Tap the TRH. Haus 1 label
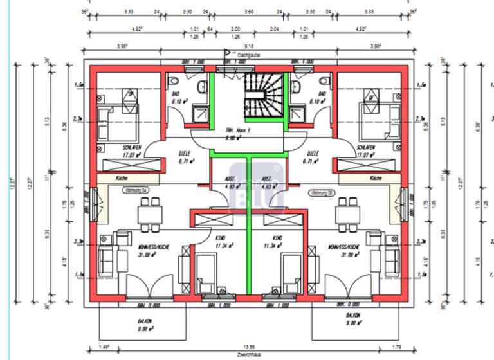pyautogui.click(x=237, y=133)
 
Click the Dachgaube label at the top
pyautogui.click(x=248, y=55)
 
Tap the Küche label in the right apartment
pyautogui.click(x=376, y=178)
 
